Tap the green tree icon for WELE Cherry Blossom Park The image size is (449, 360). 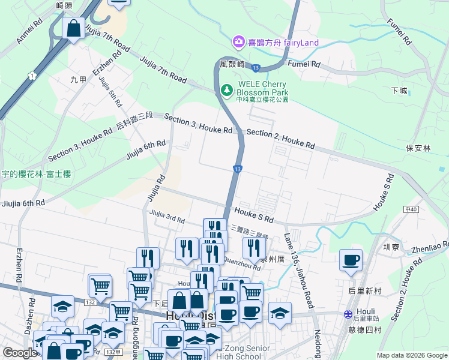coord(227,91)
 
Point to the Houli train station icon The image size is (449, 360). coord(348,314)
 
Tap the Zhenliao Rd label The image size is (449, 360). coord(429,247)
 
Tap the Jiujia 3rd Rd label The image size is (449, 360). coord(167,216)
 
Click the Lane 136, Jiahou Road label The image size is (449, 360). coord(299,271)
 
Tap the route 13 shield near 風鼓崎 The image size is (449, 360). coord(256,68)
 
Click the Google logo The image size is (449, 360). coord(20,353)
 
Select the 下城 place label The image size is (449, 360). coord(399,91)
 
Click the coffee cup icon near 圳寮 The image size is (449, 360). coord(351,260)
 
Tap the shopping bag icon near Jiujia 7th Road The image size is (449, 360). coord(73,29)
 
